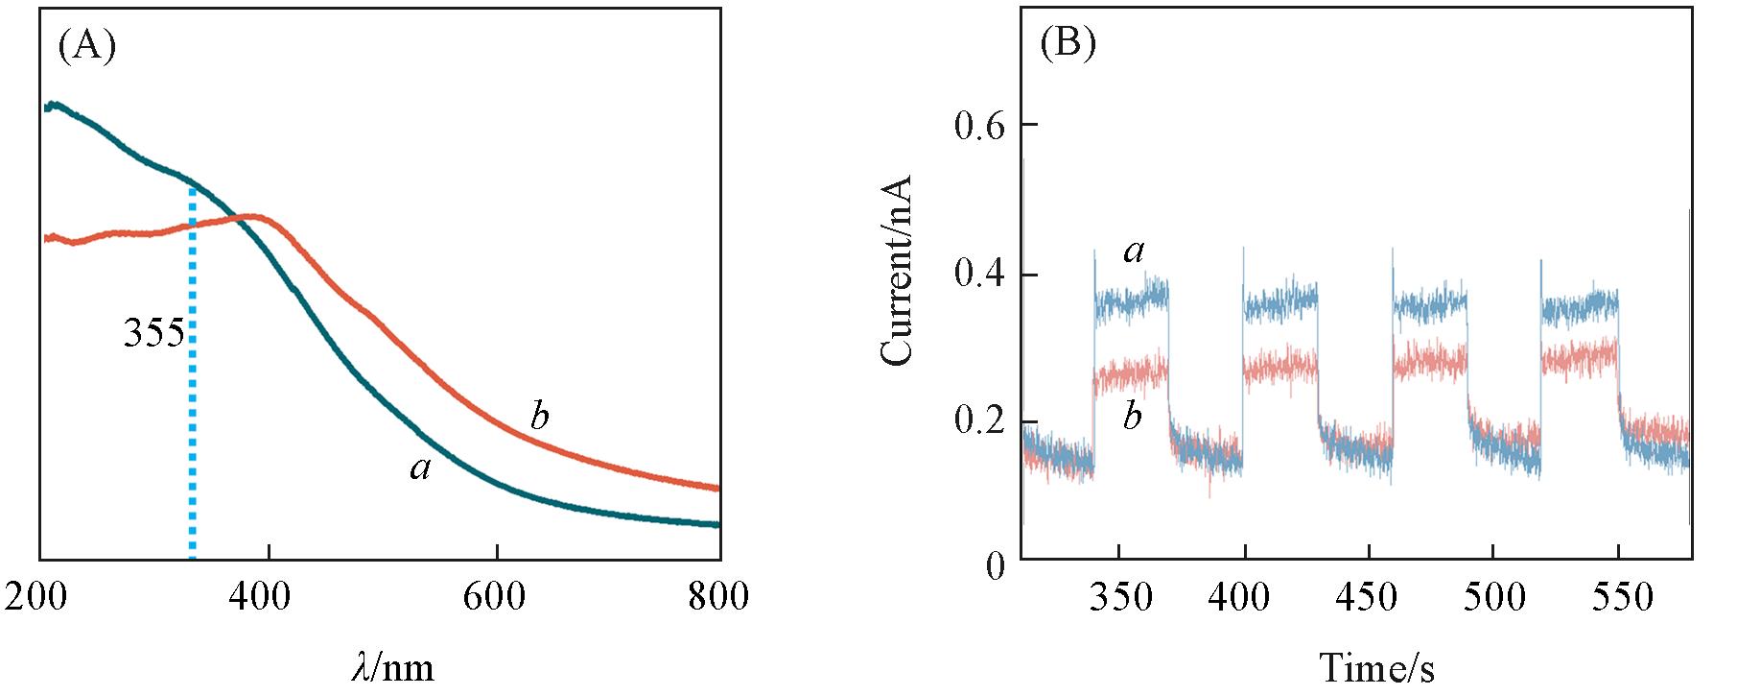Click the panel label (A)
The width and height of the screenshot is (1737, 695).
click(x=87, y=45)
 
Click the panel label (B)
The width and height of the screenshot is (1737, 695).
click(x=1068, y=45)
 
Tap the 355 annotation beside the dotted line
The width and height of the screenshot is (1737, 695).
click(x=153, y=334)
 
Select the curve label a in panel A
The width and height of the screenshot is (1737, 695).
click(x=419, y=468)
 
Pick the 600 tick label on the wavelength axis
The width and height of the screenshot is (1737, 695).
click(x=496, y=597)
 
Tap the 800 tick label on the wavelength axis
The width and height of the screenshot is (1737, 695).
click(x=718, y=597)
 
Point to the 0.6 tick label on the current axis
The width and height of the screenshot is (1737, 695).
click(x=978, y=126)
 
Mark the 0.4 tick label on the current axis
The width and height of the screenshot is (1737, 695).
click(x=978, y=275)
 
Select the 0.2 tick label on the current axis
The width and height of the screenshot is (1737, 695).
click(x=978, y=422)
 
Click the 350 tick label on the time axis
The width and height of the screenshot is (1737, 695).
click(x=1120, y=597)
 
